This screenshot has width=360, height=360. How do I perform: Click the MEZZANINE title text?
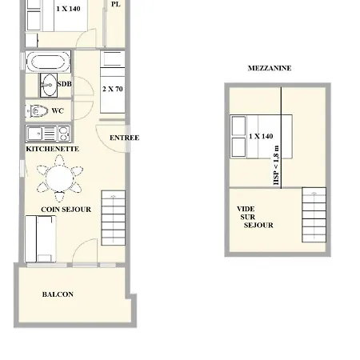pos(270,68)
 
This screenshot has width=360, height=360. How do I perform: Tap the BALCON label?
pos(58,294)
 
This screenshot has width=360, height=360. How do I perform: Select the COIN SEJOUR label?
pos(66,210)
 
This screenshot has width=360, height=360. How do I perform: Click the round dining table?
pos(59,178)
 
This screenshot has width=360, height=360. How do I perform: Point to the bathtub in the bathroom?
pos(48,62)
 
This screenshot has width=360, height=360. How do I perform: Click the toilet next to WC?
pos(38,110)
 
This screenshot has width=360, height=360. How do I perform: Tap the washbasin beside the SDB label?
pos(49,85)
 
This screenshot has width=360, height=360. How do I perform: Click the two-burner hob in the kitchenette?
pos(64,134)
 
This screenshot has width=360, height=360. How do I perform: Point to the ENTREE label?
pos(124,138)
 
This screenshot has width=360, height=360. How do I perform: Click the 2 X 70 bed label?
pos(113,89)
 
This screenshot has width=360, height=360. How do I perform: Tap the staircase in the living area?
pos(114,218)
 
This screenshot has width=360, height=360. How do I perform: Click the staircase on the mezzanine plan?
pos(314,215)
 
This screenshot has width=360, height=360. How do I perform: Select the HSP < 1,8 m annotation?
pos(276,165)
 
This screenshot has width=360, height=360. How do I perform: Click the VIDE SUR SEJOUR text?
pos(255,217)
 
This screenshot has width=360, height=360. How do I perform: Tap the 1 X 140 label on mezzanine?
pos(261,136)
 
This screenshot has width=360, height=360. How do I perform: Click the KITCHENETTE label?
pos(53,149)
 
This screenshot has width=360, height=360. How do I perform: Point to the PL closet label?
pos(115,4)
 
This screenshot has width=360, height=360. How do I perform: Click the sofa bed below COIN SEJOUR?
pos(41,239)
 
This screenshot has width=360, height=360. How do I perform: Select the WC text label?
pos(58,110)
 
